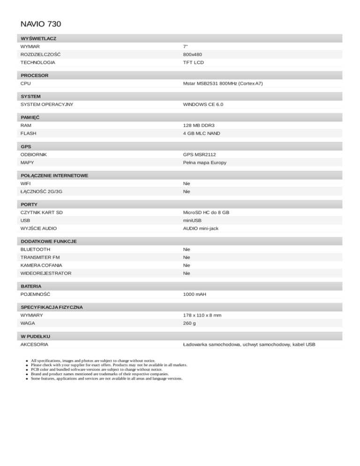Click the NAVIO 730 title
(41, 23)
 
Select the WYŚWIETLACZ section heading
(39, 38)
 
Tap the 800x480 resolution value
(193, 54)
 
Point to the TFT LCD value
(194, 62)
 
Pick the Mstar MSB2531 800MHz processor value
(223, 83)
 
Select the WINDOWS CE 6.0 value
(203, 104)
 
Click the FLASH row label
(28, 134)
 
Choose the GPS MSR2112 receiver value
(200, 154)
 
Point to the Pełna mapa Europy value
(205, 163)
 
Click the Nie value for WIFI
(187, 183)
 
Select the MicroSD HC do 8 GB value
(206, 212)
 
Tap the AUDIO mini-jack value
(201, 228)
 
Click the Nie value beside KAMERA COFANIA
(187, 265)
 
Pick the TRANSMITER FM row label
(40, 257)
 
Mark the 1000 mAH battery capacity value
(195, 294)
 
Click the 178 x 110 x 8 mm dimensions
(202, 316)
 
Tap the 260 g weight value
(189, 323)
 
